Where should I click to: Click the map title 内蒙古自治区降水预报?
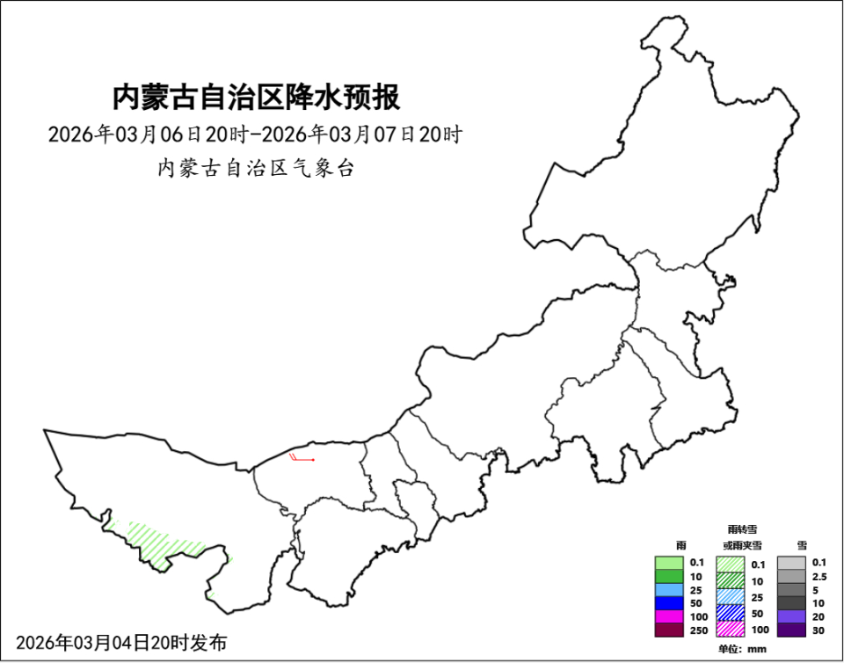(256, 97)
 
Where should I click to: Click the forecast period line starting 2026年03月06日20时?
(255, 135)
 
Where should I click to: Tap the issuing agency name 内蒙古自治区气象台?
(255, 168)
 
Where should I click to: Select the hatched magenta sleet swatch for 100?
(731, 630)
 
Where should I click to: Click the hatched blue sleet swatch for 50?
(731, 613)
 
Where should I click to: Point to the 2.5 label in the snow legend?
(819, 576)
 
